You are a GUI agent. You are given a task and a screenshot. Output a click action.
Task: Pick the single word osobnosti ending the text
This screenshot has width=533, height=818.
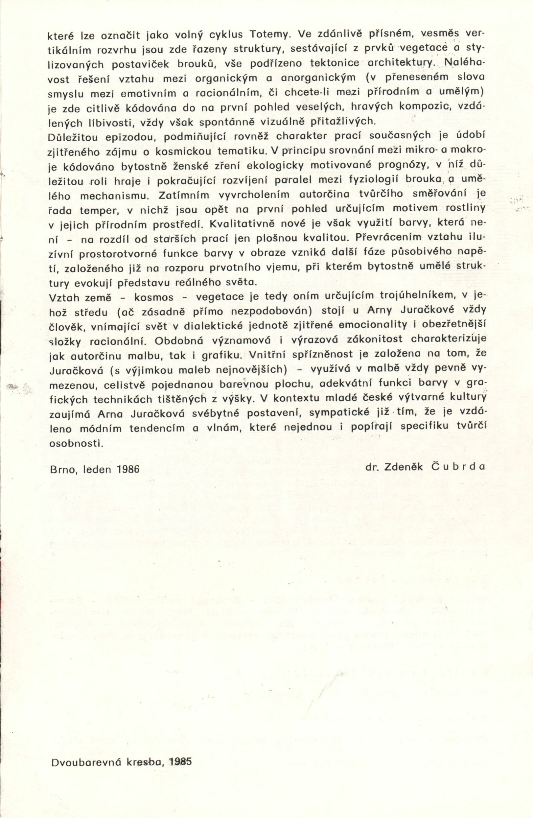pos(76,443)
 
